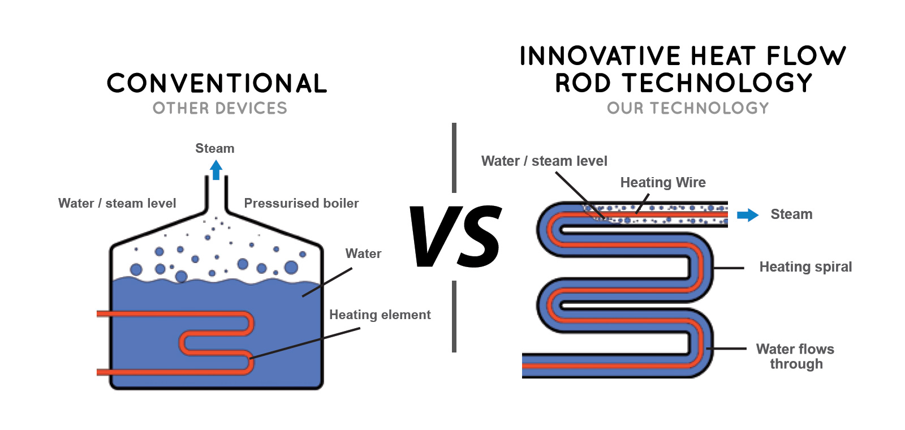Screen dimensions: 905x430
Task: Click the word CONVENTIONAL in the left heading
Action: pyautogui.click(x=217, y=83)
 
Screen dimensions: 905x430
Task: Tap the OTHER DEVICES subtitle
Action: pyautogui.click(x=220, y=108)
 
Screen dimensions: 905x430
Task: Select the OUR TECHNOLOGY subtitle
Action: pyautogui.click(x=688, y=108)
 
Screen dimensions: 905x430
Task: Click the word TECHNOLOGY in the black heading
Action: pyautogui.click(x=717, y=83)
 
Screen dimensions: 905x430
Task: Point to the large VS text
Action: pyautogui.click(x=455, y=236)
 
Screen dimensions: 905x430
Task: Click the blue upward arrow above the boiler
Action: pyautogui.click(x=216, y=170)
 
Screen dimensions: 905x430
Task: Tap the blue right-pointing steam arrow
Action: pyautogui.click(x=748, y=214)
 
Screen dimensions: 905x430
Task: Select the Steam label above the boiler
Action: pyautogui.click(x=215, y=148)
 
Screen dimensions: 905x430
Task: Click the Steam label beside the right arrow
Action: pyautogui.click(x=791, y=214)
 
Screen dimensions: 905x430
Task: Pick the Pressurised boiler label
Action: pyautogui.click(x=301, y=203)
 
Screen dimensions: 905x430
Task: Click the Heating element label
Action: pyautogui.click(x=380, y=315)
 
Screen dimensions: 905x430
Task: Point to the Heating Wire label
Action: pyautogui.click(x=663, y=182)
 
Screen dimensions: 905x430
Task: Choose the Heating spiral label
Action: pyautogui.click(x=805, y=266)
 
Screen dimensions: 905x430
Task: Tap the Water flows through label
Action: pyautogui.click(x=795, y=356)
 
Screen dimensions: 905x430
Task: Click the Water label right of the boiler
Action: pyautogui.click(x=363, y=253)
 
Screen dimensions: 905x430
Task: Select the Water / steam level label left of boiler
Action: pyautogui.click(x=117, y=203)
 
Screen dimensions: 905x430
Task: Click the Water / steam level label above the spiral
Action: pyautogui.click(x=544, y=161)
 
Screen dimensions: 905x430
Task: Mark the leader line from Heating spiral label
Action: pyautogui.click(x=729, y=268)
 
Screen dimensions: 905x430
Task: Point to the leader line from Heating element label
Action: pyautogui.click(x=305, y=343)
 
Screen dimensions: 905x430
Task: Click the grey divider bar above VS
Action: pyautogui.click(x=454, y=158)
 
